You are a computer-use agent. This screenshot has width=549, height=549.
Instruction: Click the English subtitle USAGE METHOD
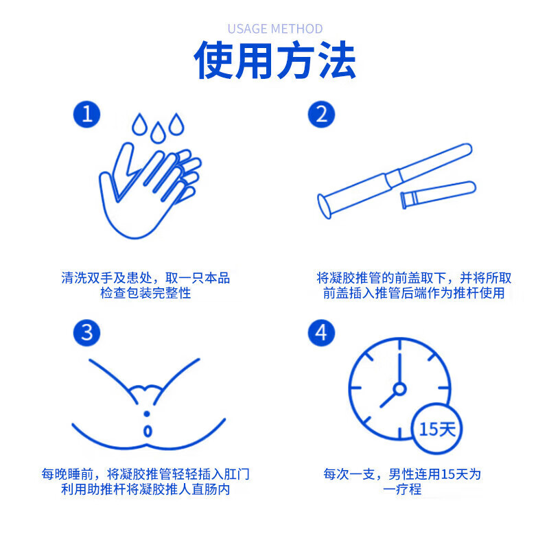[x=274, y=29]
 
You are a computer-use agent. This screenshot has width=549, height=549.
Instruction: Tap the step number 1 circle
[x=87, y=114]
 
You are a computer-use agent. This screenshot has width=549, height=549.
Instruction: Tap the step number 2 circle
[x=321, y=114]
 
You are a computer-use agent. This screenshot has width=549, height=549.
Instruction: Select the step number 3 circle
[x=87, y=333]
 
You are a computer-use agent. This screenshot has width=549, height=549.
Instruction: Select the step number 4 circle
[x=321, y=333]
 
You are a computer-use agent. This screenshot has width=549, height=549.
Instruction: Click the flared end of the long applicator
[x=325, y=205]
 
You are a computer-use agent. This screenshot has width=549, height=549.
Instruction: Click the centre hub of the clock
[x=399, y=388]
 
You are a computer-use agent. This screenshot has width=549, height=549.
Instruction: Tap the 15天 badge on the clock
[x=438, y=430]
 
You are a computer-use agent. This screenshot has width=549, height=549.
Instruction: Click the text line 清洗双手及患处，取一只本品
[x=145, y=278]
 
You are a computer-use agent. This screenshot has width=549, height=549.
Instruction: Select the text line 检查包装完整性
[x=145, y=294]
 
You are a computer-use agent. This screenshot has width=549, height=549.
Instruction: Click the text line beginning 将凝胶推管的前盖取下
[x=414, y=278]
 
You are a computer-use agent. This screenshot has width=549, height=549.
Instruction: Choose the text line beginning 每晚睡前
[x=145, y=474]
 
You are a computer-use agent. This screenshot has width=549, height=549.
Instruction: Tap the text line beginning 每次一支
[x=402, y=474]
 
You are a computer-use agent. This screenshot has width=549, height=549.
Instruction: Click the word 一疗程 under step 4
[x=402, y=490]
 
